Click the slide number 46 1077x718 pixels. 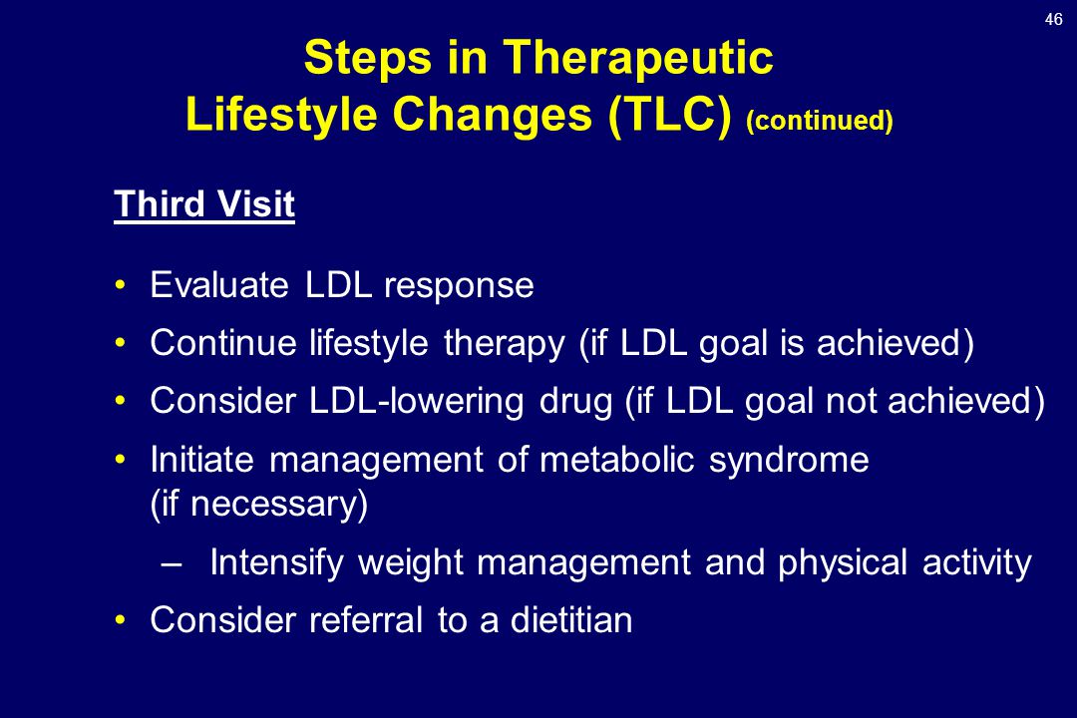coord(1053,19)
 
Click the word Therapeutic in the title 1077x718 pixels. coord(638,57)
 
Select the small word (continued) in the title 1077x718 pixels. coord(819,121)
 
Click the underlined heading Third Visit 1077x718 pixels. coord(204,204)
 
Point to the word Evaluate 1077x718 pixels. coord(219,284)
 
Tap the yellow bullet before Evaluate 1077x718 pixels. coord(121,284)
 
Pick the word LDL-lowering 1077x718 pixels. coord(416,401)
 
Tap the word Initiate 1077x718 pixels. coord(201,459)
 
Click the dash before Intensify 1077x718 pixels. coord(172,564)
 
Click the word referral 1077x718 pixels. coord(365,619)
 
